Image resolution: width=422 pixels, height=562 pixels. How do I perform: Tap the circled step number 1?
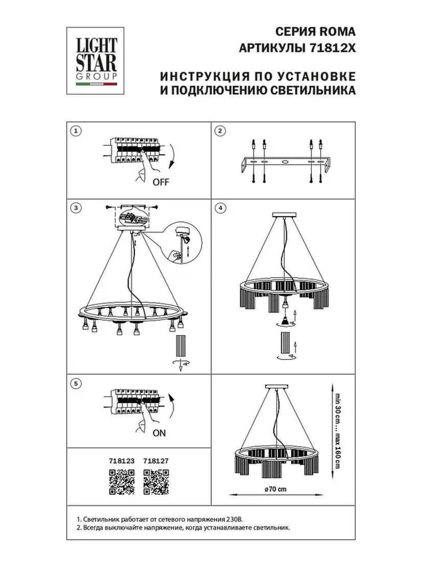[75, 131]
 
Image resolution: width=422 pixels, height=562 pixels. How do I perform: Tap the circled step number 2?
[220, 131]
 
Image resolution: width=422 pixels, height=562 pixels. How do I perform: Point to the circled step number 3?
[75, 207]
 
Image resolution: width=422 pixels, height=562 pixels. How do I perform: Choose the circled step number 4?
[220, 207]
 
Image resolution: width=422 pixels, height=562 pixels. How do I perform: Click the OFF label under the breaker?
[160, 182]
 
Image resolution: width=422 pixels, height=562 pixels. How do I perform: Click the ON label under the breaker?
[159, 433]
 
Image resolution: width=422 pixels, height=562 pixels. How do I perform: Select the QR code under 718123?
[121, 482]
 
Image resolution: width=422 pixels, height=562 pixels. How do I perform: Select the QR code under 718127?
[156, 482]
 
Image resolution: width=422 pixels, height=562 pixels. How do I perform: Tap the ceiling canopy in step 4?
[284, 215]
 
